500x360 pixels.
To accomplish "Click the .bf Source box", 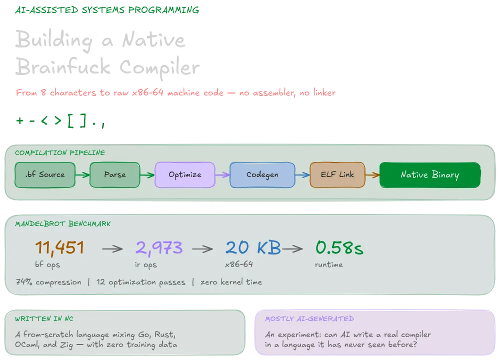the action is click(x=45, y=174).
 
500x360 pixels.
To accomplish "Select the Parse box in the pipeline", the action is click(x=115, y=174).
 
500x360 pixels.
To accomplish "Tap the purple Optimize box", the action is click(x=185, y=174).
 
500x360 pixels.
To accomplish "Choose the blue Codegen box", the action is click(x=262, y=174).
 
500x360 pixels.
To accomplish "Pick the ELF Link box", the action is click(x=337, y=174).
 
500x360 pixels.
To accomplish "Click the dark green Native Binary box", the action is click(x=430, y=174).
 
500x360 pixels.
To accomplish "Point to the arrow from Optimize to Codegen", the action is click(x=222, y=174).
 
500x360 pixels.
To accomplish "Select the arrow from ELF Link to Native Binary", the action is click(x=372, y=174).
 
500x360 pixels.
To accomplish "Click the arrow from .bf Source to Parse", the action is click(x=82, y=174).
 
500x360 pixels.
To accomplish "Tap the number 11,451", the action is click(x=59, y=248).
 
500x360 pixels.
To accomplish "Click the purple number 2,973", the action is click(x=159, y=248).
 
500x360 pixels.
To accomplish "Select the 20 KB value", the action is click(x=253, y=247).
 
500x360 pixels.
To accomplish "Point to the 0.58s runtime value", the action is click(x=339, y=247).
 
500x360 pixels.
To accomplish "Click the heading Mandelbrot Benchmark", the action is click(x=63, y=224).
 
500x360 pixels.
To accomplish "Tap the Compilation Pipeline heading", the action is click(x=60, y=152).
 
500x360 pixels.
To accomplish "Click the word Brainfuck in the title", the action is click(x=63, y=66).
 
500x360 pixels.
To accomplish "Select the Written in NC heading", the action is click(x=44, y=318).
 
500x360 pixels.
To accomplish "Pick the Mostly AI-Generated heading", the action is click(x=309, y=318).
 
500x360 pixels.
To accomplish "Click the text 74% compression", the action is click(x=48, y=282).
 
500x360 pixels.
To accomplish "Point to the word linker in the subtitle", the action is click(x=324, y=92).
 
